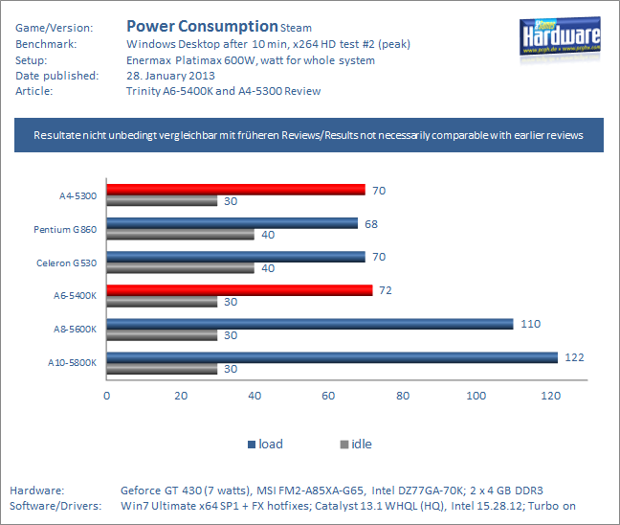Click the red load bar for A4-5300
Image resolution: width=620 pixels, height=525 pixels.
(235, 190)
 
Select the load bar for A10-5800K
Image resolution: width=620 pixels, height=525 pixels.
(331, 357)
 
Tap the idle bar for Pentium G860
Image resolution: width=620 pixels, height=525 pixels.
(180, 235)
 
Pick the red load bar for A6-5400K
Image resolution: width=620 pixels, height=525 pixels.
(239, 290)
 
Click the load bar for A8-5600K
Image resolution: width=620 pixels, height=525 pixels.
(309, 324)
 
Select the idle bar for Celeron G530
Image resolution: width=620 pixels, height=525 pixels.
(180, 268)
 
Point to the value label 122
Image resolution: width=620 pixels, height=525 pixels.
(574, 357)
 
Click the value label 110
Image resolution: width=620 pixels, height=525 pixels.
(530, 324)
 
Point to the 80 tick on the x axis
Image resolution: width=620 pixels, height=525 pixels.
(402, 396)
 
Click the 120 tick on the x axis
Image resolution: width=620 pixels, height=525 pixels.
(549, 396)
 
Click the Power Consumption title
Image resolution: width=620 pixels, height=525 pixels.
(202, 26)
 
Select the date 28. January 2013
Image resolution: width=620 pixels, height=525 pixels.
(170, 76)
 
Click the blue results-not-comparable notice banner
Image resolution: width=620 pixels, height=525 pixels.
(309, 136)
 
